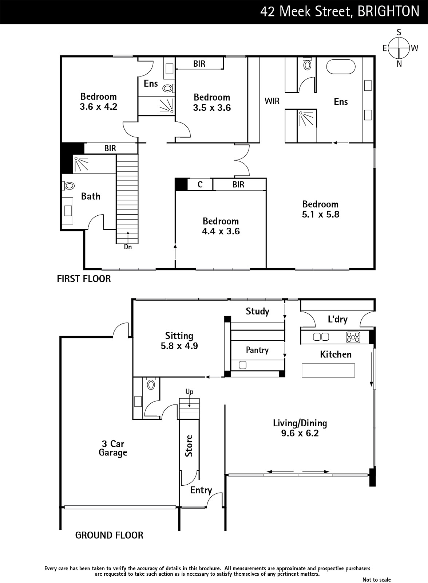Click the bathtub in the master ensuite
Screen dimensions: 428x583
[341, 67]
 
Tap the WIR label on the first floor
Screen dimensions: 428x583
[272, 101]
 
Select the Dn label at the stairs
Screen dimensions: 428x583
[128, 247]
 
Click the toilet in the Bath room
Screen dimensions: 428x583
[68, 185]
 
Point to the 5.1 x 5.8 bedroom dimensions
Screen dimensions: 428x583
[320, 215]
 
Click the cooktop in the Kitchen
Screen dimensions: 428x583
[353, 337]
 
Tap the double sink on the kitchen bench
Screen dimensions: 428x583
[321, 337]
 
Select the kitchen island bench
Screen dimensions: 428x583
[328, 370]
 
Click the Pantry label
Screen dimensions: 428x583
[257, 350]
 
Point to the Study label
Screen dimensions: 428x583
[257, 311]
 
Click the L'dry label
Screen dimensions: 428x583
[337, 319]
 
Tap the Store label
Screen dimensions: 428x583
[189, 446]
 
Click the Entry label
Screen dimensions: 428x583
[201, 490]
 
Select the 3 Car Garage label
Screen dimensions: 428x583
[113, 448]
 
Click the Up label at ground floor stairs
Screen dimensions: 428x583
[189, 392]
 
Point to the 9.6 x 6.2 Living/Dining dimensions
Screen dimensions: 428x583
[300, 433]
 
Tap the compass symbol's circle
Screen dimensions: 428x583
[399, 48]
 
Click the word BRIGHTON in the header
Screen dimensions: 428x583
[388, 12]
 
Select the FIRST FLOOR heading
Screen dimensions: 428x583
[84, 279]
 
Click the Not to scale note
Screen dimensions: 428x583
[377, 580]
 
